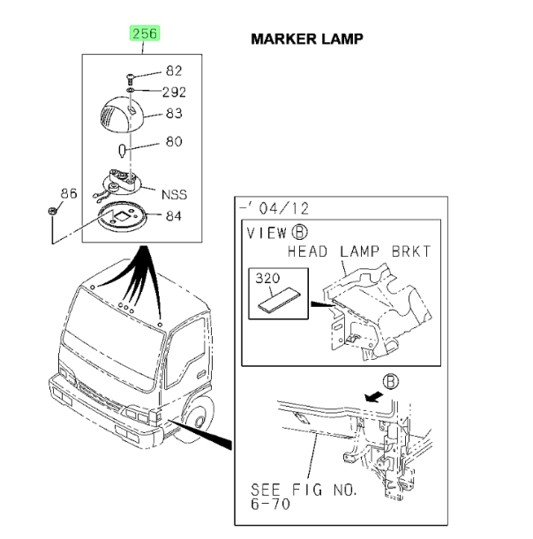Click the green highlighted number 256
[x=145, y=34]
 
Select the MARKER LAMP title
[x=307, y=39]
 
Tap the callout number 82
[x=174, y=71]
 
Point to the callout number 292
[x=174, y=92]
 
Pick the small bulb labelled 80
[x=122, y=151]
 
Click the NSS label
[x=174, y=195]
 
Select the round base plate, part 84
[x=123, y=217]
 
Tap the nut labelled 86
[x=52, y=211]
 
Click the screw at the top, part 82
[x=130, y=79]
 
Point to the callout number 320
[x=267, y=278]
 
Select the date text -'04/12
[x=274, y=208]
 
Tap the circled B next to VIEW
[x=299, y=232]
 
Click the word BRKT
[x=411, y=251]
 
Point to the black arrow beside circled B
[x=374, y=396]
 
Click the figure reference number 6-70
[x=270, y=505]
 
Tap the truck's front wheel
[x=194, y=419]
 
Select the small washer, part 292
[x=131, y=90]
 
